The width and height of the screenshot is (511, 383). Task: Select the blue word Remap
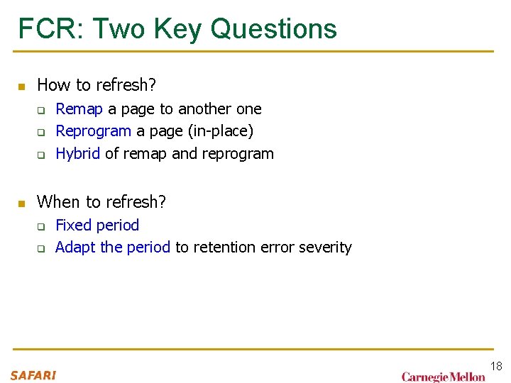[x=79, y=109]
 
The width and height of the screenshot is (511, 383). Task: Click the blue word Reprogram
[x=93, y=131]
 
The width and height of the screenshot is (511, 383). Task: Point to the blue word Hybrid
[x=77, y=154]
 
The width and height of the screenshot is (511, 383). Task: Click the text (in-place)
[x=220, y=131]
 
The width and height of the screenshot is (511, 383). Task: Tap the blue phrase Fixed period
[x=97, y=226]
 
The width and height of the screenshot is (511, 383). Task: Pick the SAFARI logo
[x=33, y=375]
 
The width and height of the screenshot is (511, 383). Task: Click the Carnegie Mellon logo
[x=443, y=377]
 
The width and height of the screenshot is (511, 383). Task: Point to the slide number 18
[x=495, y=367]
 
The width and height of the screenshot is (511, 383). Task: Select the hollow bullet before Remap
[x=41, y=111]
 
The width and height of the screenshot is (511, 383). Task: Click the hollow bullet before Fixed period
[x=41, y=227]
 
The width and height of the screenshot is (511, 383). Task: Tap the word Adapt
[x=75, y=248]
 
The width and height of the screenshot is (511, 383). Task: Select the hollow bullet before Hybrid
[x=41, y=155]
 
